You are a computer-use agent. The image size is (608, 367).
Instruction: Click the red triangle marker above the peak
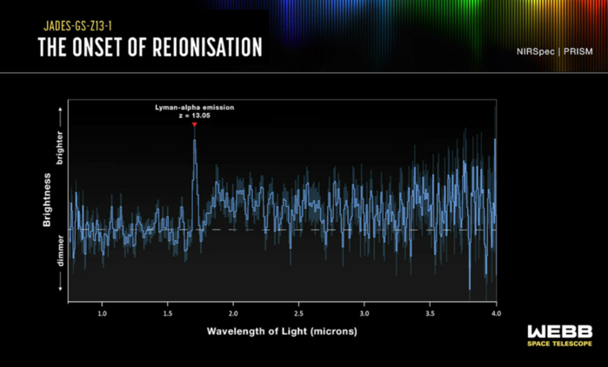[x=195, y=124]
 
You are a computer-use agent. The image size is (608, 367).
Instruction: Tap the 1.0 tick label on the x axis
[x=102, y=313]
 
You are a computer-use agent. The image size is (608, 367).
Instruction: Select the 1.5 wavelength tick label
[x=168, y=313]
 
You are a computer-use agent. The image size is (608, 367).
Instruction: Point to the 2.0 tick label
[x=233, y=313]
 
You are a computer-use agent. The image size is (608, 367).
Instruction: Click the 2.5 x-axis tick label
[x=298, y=313]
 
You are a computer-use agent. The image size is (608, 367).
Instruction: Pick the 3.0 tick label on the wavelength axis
[x=364, y=313]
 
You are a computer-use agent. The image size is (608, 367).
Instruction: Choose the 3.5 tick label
[x=430, y=313]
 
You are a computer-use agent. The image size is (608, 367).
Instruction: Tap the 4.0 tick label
[x=496, y=313]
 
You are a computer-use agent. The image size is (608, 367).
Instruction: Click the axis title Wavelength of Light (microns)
[x=282, y=331]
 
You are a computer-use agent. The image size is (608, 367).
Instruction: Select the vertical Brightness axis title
[x=47, y=199]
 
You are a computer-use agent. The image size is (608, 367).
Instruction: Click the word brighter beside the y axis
[x=60, y=148]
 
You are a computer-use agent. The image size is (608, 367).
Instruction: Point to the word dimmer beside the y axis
[x=60, y=250]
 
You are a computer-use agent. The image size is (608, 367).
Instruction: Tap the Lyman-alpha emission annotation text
[x=195, y=108]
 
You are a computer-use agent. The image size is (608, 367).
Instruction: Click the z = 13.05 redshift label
[x=195, y=116]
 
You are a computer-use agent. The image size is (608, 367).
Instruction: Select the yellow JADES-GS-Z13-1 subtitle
[x=78, y=26]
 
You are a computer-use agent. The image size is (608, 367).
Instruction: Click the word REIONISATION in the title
[x=207, y=47]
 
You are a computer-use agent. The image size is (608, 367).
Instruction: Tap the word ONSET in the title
[x=97, y=47]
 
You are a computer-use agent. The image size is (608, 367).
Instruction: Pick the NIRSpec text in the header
[x=535, y=51]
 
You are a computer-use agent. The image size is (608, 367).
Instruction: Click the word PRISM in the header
[x=578, y=51]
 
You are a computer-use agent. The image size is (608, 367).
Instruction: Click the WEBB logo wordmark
[x=560, y=331]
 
